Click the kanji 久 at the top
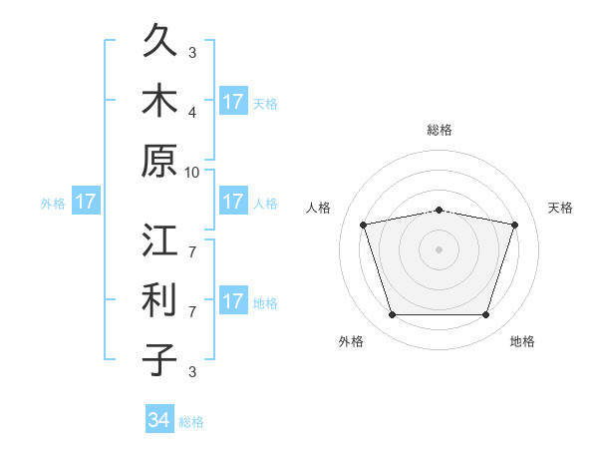159,40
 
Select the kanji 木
159,100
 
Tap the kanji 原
159,161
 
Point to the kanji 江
159,239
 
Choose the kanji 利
159,299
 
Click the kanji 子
159,359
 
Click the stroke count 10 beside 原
191,173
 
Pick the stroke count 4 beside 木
192,113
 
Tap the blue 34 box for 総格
159,418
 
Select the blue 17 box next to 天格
233,101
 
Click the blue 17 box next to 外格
86,201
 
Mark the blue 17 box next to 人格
233,201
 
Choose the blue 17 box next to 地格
233,299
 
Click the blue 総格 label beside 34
191,422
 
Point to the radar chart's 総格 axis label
440,130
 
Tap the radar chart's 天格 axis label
560,208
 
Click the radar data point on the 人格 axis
364,225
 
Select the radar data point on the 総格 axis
440,211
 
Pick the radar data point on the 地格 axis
486,315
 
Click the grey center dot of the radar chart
439,249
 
